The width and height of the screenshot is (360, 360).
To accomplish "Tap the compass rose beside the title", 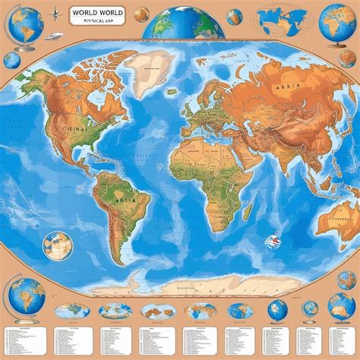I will coord(54,13).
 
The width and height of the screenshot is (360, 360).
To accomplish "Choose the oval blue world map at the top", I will coord(283,18).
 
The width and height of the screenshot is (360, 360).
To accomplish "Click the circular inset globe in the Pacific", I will coord(57,245).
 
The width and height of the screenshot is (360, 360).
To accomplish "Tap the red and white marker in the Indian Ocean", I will coord(271,242).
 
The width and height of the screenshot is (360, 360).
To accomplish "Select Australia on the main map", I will coord(334,221).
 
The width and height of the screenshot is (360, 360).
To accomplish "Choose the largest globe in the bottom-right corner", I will coord(341,306).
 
